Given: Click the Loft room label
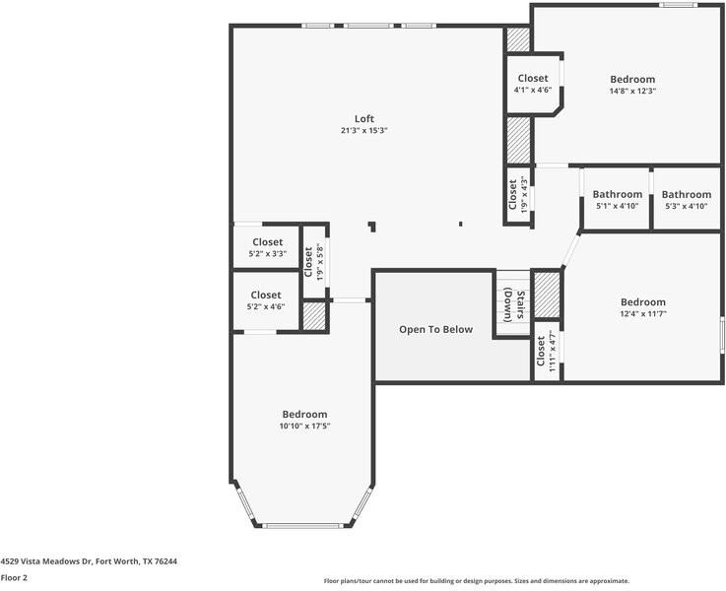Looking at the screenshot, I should pos(364,119).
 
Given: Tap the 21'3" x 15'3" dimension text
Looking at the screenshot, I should pos(364,131).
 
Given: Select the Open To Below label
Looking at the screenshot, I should pos(435,330).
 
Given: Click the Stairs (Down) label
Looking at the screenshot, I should pos(513,304).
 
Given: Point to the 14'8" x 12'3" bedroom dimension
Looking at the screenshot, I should pos(632,91).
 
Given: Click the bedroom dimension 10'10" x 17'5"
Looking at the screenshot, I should pos(304,427).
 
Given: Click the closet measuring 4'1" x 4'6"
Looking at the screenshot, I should pos(533,85).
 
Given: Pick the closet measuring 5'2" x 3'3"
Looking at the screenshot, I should pos(267,248).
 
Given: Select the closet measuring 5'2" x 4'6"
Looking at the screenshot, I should pos(266,301).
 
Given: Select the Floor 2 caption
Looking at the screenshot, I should pos(14,578).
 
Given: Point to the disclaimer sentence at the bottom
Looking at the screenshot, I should pos(476,581).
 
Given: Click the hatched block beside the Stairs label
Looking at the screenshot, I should pos(546,295).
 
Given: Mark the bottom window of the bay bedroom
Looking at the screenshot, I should pos(303,525).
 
